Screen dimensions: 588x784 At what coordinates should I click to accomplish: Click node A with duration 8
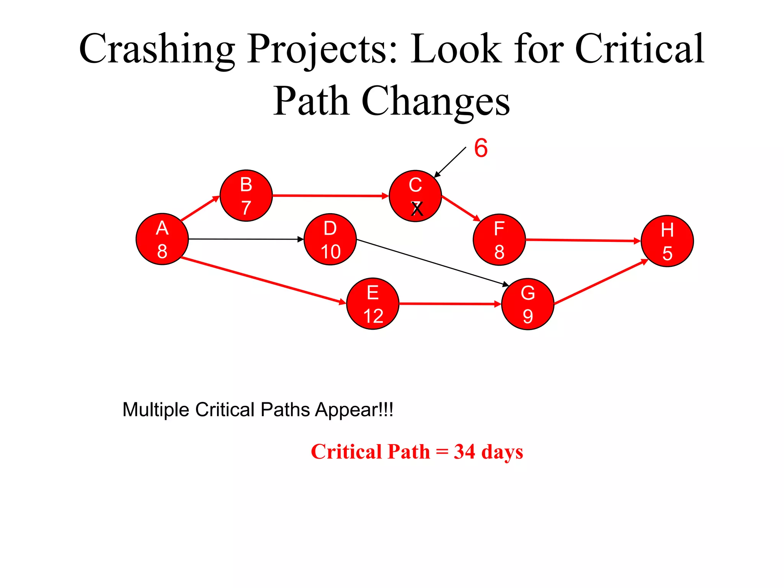point(162,239)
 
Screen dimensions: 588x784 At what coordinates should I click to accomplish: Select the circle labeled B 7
point(246,196)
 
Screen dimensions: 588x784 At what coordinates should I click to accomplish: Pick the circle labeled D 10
point(330,239)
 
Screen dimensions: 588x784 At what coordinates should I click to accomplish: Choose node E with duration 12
point(373,304)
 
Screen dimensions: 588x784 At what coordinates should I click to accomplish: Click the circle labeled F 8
point(499,240)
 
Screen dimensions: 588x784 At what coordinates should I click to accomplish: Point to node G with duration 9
point(528,304)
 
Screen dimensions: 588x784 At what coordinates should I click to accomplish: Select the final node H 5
point(667,241)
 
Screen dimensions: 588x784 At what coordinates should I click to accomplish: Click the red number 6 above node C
point(481,148)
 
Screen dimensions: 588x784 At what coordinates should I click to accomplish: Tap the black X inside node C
point(417,209)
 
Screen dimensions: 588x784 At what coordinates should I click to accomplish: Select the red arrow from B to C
point(330,196)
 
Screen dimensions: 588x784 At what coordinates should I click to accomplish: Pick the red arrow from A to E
point(263,281)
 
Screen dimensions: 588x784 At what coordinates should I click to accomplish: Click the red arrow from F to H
point(583,240)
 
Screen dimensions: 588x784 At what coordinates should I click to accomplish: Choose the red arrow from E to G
point(450,304)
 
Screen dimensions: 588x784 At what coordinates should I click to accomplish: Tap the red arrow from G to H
point(601,283)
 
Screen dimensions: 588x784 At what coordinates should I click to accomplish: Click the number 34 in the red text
point(464,452)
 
